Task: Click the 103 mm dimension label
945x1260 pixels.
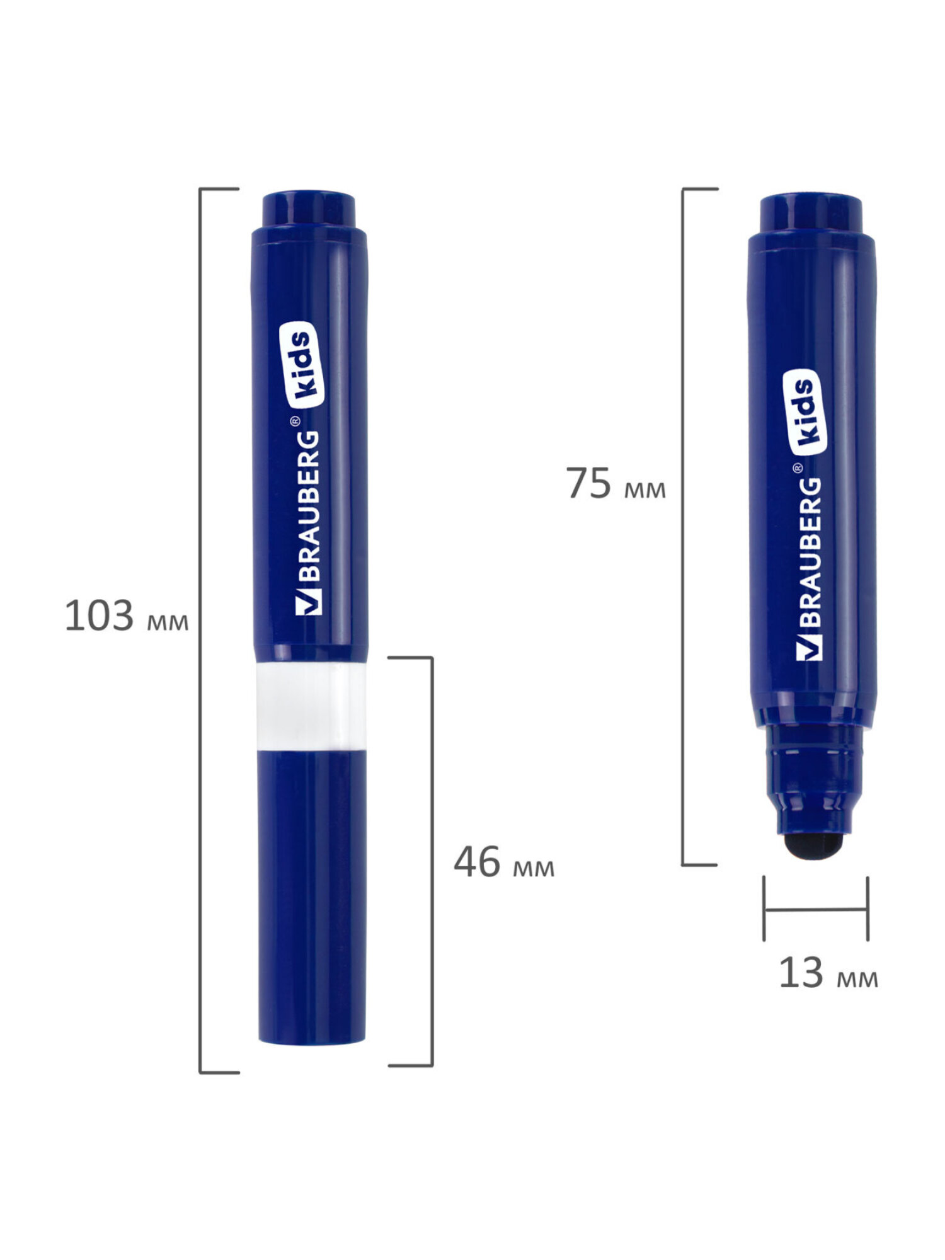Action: pos(126,616)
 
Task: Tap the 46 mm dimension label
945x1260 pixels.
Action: pos(503,862)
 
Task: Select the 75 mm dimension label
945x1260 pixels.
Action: pos(615,484)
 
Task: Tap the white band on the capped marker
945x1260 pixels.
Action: pos(311,706)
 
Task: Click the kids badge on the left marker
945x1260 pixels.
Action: pos(305,364)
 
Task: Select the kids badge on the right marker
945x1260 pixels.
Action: pos(805,411)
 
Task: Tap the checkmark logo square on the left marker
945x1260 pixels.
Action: pos(309,602)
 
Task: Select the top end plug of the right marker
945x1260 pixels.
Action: pos(811,213)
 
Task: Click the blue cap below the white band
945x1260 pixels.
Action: pos(312,895)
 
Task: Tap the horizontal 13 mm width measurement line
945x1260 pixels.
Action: pos(816,909)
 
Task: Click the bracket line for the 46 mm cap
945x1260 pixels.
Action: pos(432,863)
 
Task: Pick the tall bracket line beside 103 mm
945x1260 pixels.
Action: pos(200,630)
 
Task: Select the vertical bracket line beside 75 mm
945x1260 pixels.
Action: pos(683,526)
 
